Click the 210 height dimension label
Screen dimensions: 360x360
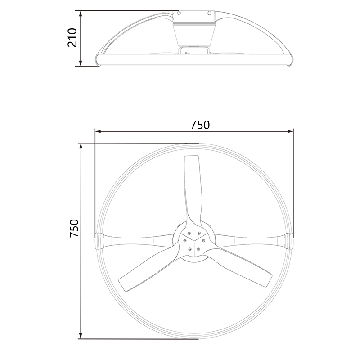[x=72, y=38]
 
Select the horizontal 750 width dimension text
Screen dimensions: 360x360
[x=200, y=125]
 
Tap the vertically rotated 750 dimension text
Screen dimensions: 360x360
[x=74, y=228]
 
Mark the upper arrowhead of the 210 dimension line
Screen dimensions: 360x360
[x=81, y=14]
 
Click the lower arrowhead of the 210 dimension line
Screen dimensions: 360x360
[x=81, y=63]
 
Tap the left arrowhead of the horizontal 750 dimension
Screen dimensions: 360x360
[x=99, y=131]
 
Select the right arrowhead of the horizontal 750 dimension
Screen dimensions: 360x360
[x=290, y=131]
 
